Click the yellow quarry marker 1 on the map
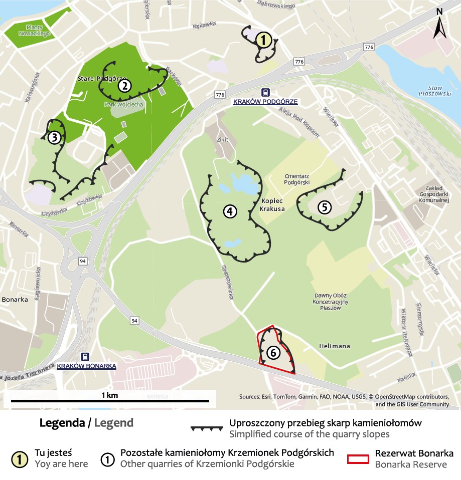coord(264,40)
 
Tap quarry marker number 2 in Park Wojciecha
coord(124,86)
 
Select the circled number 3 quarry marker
coord(54,137)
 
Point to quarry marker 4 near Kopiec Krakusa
coord(229,211)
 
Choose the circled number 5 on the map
coord(325,206)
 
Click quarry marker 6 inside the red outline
coord(273,353)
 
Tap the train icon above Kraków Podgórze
coord(265,93)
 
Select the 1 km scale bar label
coord(109,395)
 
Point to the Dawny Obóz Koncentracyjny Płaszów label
coord(330,302)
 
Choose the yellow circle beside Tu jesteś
coord(19,458)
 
